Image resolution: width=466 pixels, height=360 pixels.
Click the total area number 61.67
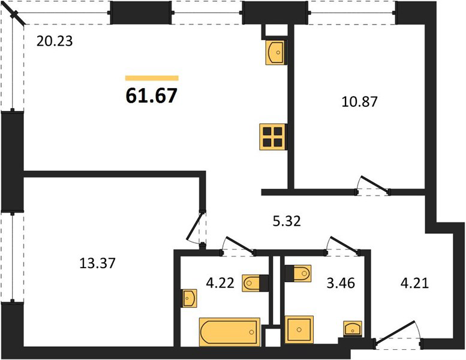coord(152,96)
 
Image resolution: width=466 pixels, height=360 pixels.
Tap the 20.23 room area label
coord(55,41)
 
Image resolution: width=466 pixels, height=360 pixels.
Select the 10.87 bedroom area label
coord(360,101)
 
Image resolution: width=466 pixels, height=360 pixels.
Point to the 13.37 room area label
coord(98,263)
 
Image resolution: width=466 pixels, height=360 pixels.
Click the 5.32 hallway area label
coord(287,221)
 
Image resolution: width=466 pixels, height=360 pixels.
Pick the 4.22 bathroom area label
coord(220,283)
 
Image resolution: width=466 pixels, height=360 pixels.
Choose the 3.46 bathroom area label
coord(341,283)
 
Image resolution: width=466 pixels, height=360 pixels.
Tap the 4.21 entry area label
coord(414,283)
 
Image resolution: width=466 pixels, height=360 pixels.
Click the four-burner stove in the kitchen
coord(273,137)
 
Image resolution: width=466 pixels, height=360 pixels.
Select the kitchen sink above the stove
coord(275,52)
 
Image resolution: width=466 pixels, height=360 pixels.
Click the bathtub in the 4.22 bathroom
coord(230,332)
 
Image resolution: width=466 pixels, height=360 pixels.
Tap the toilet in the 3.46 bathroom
coord(298,273)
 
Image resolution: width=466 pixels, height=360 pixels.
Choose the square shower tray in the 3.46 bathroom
coord(299,329)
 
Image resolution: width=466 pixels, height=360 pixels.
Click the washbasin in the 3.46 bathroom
coord(353,329)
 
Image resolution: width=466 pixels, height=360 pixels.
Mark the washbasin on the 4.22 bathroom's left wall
coord(189,298)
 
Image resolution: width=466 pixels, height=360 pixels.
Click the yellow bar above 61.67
coord(152,78)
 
